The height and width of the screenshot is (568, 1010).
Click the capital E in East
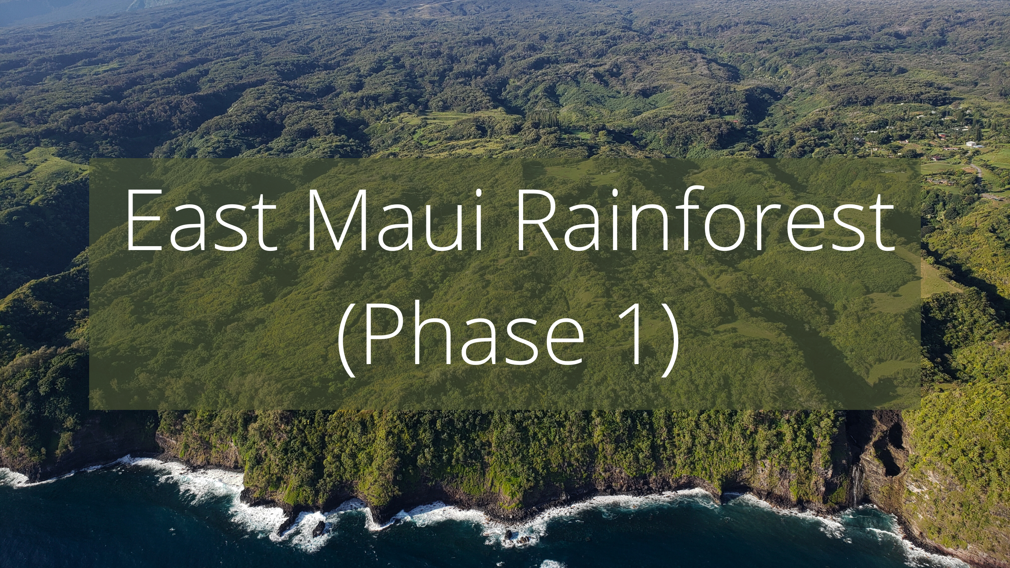(143, 221)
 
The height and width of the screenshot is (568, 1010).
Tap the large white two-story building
(976, 145)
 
